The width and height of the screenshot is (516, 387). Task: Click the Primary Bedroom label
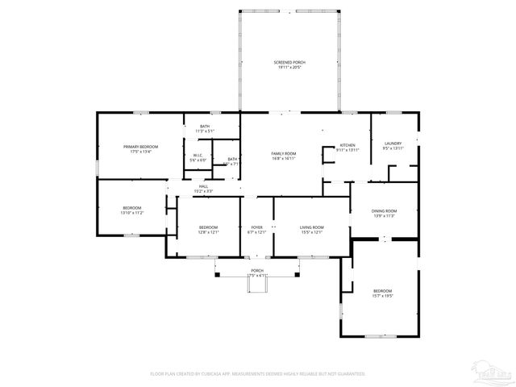point(140,146)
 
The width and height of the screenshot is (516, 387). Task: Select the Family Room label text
point(283,153)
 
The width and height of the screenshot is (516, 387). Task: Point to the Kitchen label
point(347,144)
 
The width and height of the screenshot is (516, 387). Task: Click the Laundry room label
point(393,143)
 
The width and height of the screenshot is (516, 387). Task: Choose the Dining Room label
point(384,210)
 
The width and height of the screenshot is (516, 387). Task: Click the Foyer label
point(256,227)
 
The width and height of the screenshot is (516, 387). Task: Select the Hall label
point(203,185)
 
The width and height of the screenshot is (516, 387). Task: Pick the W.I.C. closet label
point(198,155)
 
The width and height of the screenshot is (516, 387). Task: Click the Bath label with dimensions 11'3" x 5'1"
point(205,126)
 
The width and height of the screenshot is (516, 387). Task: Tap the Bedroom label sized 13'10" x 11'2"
point(132,207)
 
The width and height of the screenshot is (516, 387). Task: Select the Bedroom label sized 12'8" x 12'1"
point(208,227)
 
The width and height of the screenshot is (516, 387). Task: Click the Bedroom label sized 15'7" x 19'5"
point(382,290)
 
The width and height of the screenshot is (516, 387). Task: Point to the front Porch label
point(256,270)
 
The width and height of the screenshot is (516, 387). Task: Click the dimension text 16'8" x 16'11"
point(283,159)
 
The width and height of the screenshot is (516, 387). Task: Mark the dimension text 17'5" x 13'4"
point(140,152)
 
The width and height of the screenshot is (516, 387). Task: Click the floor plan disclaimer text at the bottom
point(258,374)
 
